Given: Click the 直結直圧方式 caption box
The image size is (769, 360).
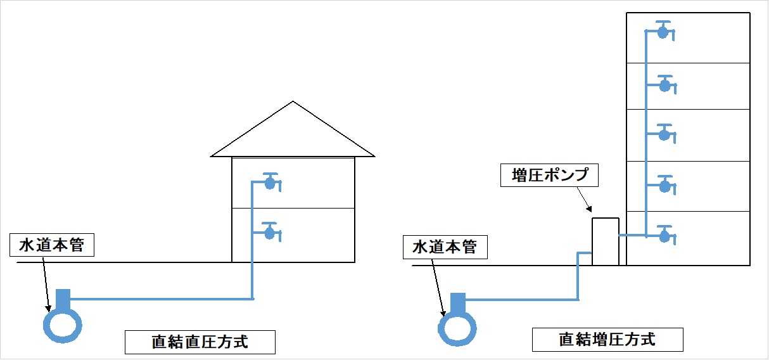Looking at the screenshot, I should (x=200, y=342).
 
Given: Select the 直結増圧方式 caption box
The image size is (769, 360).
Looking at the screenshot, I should (x=607, y=340).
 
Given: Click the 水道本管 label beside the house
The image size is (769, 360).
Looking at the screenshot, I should (x=52, y=245).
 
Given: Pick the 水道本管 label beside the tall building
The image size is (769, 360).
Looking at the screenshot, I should (x=445, y=247).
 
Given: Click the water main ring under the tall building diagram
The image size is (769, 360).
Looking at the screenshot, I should (x=457, y=328).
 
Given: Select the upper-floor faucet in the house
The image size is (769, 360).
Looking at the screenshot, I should (x=270, y=183).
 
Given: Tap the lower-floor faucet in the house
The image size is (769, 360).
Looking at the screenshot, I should (x=270, y=233).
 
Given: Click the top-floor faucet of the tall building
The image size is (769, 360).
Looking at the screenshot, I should (x=663, y=32).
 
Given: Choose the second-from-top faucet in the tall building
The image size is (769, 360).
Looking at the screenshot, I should (x=664, y=86).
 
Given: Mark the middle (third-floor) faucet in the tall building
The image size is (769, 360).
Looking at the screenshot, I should (x=664, y=134).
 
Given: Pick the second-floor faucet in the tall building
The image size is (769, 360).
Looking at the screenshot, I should (x=664, y=186).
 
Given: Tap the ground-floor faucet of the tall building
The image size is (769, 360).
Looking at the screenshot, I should (x=664, y=236).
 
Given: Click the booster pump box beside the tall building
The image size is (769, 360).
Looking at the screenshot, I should (x=605, y=241).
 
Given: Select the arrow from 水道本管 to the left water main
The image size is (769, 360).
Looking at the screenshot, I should (x=45, y=284).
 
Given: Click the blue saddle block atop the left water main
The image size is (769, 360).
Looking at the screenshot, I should (x=63, y=297).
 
